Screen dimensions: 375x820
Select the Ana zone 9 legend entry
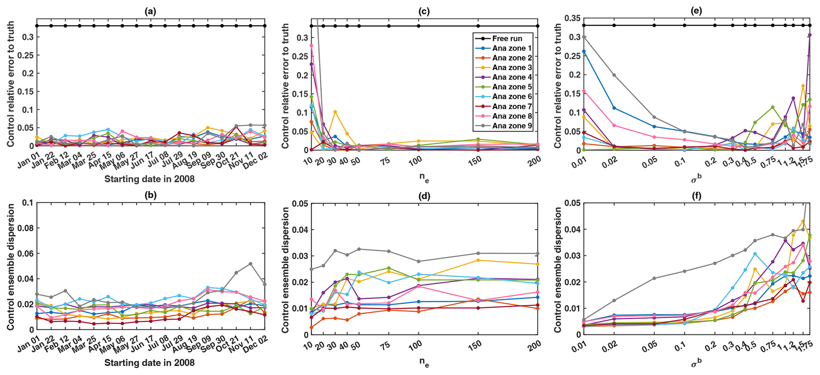click(512, 126)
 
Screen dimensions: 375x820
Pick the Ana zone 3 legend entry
click(512, 68)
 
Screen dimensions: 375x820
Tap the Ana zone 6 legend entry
click(512, 97)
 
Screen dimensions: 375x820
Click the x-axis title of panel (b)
click(150, 363)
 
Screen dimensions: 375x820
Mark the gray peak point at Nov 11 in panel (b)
click(250, 263)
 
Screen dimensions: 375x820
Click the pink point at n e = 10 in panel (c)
click(311, 45)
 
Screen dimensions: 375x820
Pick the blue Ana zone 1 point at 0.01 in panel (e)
click(584, 51)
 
